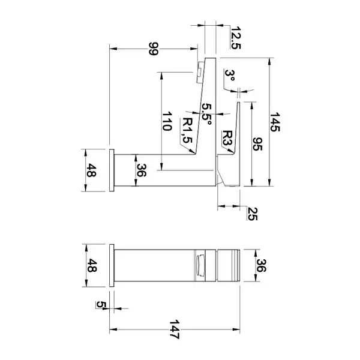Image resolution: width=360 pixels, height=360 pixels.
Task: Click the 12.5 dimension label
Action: (x=235, y=38)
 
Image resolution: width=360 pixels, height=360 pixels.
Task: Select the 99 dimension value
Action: (x=154, y=49)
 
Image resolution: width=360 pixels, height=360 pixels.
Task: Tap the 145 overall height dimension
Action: (x=275, y=122)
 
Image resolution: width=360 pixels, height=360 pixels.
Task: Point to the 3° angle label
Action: (x=230, y=76)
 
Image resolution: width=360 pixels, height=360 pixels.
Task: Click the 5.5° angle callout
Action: (x=206, y=114)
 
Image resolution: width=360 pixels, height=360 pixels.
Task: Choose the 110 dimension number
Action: (x=167, y=121)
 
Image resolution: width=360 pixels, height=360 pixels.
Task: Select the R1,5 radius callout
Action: (x=187, y=130)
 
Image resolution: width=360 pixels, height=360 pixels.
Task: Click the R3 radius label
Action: (x=227, y=138)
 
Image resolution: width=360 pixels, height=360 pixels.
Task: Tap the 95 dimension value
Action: (x=257, y=144)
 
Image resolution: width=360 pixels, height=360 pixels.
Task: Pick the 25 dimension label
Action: (x=252, y=214)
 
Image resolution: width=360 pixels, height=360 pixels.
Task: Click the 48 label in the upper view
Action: (x=91, y=170)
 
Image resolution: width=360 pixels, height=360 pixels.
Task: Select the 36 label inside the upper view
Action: (x=141, y=170)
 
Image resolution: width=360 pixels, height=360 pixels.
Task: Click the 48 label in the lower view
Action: (x=91, y=265)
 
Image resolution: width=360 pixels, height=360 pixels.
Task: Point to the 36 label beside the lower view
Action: (x=261, y=265)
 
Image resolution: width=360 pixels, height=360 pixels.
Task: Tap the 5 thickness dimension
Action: (x=101, y=304)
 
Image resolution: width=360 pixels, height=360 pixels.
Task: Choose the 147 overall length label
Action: (x=174, y=329)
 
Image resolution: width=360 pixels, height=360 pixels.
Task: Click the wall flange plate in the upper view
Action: (x=112, y=170)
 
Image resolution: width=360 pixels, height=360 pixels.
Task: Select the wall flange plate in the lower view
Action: (x=112, y=265)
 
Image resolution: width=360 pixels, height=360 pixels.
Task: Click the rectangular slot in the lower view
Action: (x=200, y=265)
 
